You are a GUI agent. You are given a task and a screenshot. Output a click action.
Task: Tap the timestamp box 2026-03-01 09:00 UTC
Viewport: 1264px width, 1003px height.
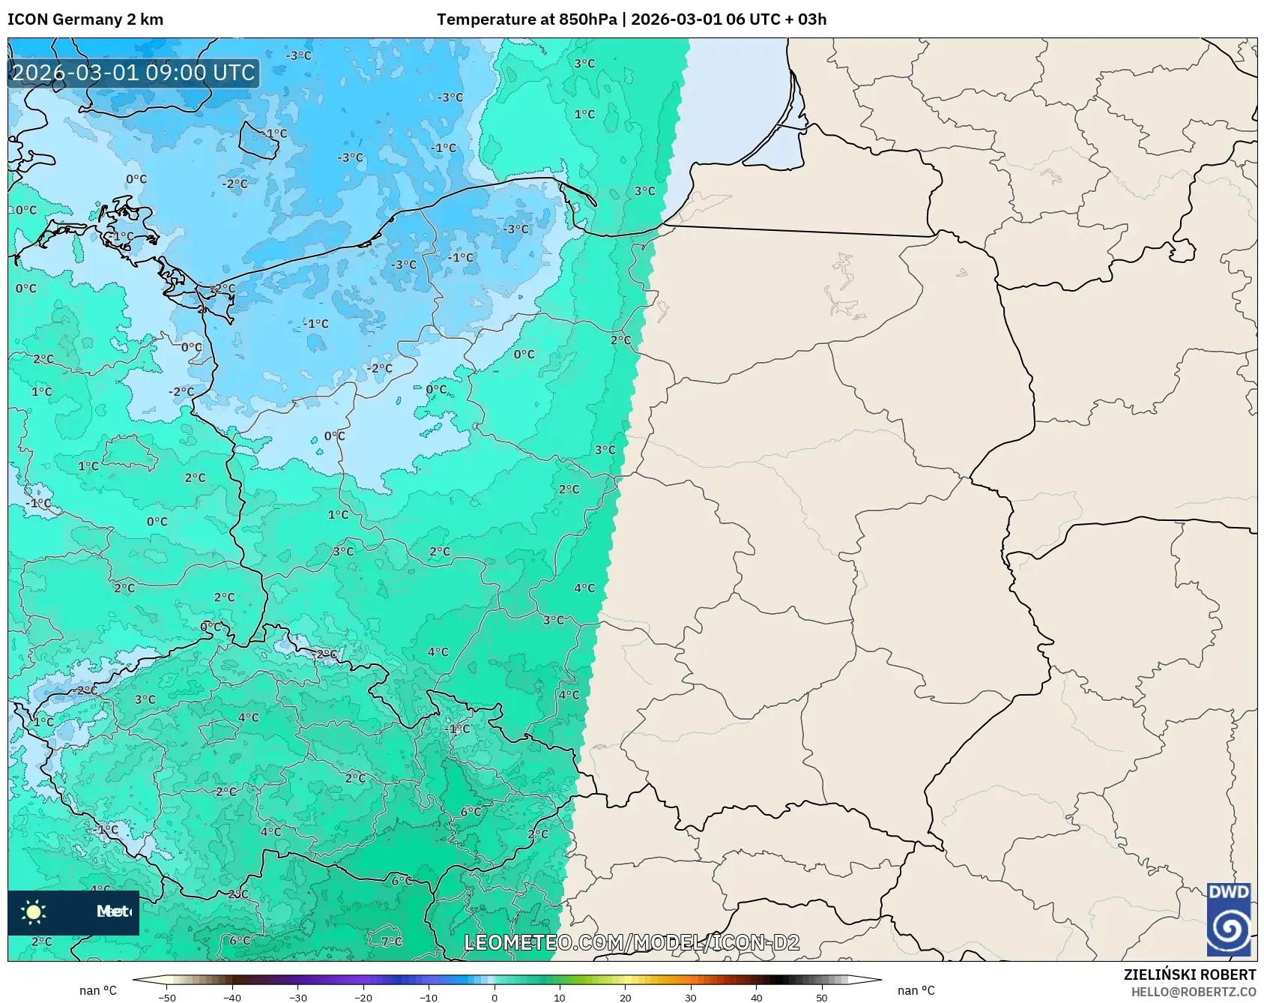(x=134, y=73)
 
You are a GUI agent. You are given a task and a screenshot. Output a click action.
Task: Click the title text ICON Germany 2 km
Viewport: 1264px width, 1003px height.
(x=85, y=19)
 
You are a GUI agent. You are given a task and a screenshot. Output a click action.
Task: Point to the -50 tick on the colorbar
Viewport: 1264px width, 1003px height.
(x=167, y=997)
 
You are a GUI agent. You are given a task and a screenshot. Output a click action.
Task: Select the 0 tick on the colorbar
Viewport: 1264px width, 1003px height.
(x=494, y=997)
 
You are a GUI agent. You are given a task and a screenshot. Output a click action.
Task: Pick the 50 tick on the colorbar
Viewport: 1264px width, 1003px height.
(x=822, y=997)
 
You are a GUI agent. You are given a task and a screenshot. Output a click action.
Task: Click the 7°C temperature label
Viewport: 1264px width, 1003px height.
(x=391, y=942)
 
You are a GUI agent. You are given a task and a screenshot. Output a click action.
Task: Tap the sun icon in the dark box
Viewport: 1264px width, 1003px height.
(x=34, y=912)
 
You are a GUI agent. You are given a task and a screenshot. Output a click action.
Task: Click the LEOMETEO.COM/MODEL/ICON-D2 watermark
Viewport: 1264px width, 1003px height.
(x=632, y=942)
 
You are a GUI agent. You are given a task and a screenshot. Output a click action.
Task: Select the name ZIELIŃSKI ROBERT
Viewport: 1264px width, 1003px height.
(x=1189, y=975)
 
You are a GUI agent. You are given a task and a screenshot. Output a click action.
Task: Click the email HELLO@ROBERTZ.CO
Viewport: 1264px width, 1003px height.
(x=1193, y=992)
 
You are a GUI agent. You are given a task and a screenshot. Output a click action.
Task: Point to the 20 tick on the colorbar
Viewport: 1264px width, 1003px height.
(x=625, y=997)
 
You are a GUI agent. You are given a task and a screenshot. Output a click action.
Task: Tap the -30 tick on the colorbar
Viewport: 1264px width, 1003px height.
(x=297, y=997)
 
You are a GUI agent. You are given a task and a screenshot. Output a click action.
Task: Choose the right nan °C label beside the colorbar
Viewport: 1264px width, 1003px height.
(x=916, y=990)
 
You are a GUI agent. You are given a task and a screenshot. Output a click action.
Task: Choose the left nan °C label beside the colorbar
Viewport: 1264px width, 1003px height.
(x=98, y=990)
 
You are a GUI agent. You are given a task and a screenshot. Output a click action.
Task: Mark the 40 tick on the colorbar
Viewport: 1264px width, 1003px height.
(x=756, y=997)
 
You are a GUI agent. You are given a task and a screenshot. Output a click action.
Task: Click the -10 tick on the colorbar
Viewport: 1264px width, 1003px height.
(x=428, y=997)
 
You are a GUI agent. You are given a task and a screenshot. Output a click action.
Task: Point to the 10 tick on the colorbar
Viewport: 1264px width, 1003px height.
(x=560, y=997)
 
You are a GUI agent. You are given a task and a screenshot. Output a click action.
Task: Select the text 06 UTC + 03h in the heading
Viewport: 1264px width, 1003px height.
(x=775, y=19)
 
